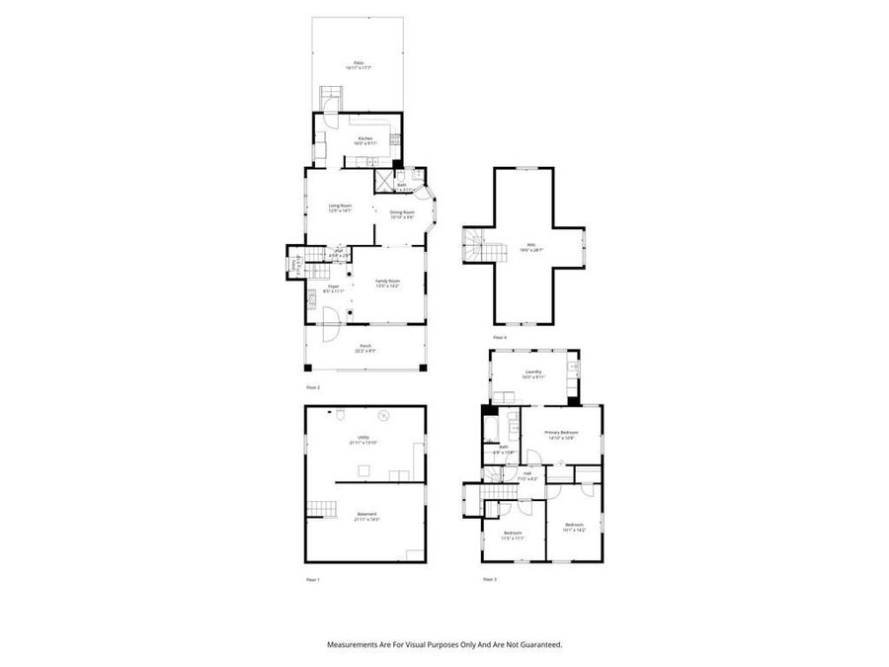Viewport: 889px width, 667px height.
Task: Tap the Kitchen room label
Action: pyautogui.click(x=365, y=138)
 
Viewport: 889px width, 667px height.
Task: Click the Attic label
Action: pyautogui.click(x=531, y=246)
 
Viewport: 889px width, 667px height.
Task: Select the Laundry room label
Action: pyautogui.click(x=533, y=373)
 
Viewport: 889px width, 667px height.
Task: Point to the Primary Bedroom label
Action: pyautogui.click(x=560, y=433)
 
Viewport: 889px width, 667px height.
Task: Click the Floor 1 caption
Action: pyautogui.click(x=313, y=579)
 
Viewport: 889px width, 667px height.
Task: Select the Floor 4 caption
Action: pyautogui.click(x=500, y=337)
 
